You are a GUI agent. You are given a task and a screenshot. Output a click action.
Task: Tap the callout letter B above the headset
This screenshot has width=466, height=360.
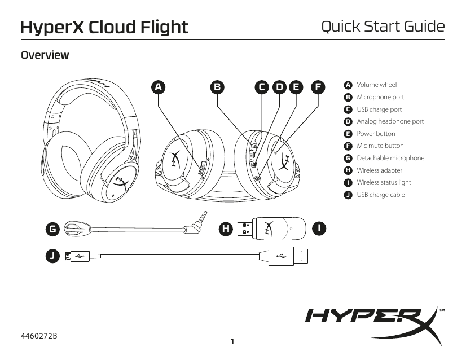217,87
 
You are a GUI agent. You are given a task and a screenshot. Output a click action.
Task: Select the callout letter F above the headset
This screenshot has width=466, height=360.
319,87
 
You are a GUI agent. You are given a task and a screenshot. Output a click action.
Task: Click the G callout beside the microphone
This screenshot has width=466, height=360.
53,229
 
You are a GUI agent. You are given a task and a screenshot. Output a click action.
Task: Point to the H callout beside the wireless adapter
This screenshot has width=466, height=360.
226,229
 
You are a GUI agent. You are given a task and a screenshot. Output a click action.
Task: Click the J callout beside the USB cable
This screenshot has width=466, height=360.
53,256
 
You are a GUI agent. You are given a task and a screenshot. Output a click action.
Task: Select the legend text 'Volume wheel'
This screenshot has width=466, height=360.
376,85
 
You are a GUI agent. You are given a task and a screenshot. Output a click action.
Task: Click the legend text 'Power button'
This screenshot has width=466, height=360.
376,134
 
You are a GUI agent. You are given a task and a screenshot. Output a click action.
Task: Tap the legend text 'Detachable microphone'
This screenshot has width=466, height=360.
390,158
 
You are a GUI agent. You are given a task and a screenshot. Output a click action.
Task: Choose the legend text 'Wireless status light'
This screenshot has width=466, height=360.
384,182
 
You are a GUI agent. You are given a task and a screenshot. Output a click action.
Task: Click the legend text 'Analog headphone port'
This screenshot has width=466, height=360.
390,121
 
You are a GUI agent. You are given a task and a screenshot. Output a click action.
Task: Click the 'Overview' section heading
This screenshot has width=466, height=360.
45,55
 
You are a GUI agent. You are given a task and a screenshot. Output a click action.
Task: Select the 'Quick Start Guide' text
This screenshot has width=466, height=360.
383,27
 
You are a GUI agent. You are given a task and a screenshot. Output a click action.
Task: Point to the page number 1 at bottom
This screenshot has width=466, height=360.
232,341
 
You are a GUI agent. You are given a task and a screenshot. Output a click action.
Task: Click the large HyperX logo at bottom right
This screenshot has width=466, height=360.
372,323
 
